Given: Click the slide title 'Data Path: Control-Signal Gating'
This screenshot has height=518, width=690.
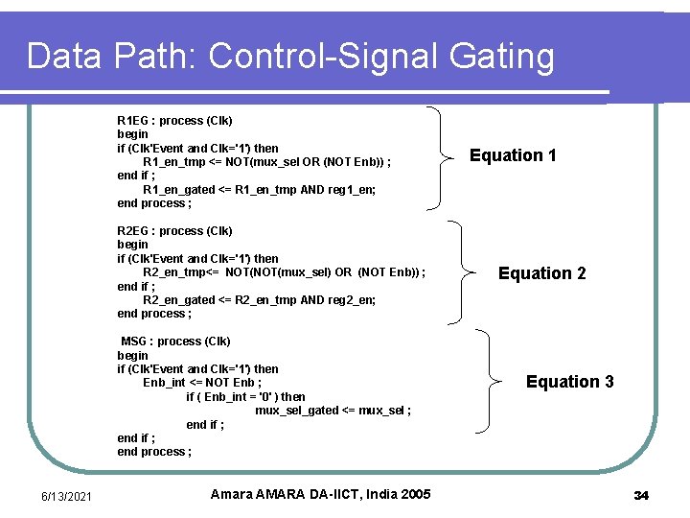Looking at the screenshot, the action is point(290,57).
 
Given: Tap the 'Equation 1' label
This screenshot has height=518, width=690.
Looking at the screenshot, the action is point(513,155).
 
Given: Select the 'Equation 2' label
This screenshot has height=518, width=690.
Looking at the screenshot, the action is point(541,273).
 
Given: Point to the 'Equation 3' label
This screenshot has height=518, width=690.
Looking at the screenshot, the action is point(569,382).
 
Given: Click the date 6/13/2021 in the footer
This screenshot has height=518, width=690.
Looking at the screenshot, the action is point(67,495).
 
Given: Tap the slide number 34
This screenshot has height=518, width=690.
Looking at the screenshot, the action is point(641,495).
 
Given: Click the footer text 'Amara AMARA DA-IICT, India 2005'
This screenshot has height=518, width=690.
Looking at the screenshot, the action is point(320,494).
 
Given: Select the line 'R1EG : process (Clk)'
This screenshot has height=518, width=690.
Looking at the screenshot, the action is point(174,121).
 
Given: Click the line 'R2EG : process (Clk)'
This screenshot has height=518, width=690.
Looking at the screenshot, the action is point(174,231).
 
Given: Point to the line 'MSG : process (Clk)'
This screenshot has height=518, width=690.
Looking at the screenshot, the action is point(175,341).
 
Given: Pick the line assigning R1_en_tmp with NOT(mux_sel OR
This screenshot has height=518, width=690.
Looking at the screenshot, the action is point(266,162).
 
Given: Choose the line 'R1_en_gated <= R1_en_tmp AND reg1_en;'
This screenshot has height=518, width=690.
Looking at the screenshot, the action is point(259,190).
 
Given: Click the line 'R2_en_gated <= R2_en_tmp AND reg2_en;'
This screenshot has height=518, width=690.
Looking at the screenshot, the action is point(259,300).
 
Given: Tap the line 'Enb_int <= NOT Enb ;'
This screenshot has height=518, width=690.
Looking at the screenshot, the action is point(202,383).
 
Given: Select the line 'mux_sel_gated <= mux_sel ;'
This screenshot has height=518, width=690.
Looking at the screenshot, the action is point(333,411).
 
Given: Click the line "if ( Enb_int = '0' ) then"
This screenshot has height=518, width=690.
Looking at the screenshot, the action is point(245,397).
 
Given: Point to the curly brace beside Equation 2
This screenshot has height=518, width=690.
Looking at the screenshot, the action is point(468,273).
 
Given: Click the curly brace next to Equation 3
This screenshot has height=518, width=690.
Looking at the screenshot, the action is point(495,382).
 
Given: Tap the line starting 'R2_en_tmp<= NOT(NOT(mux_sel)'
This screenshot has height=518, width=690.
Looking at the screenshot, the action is point(284,272).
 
